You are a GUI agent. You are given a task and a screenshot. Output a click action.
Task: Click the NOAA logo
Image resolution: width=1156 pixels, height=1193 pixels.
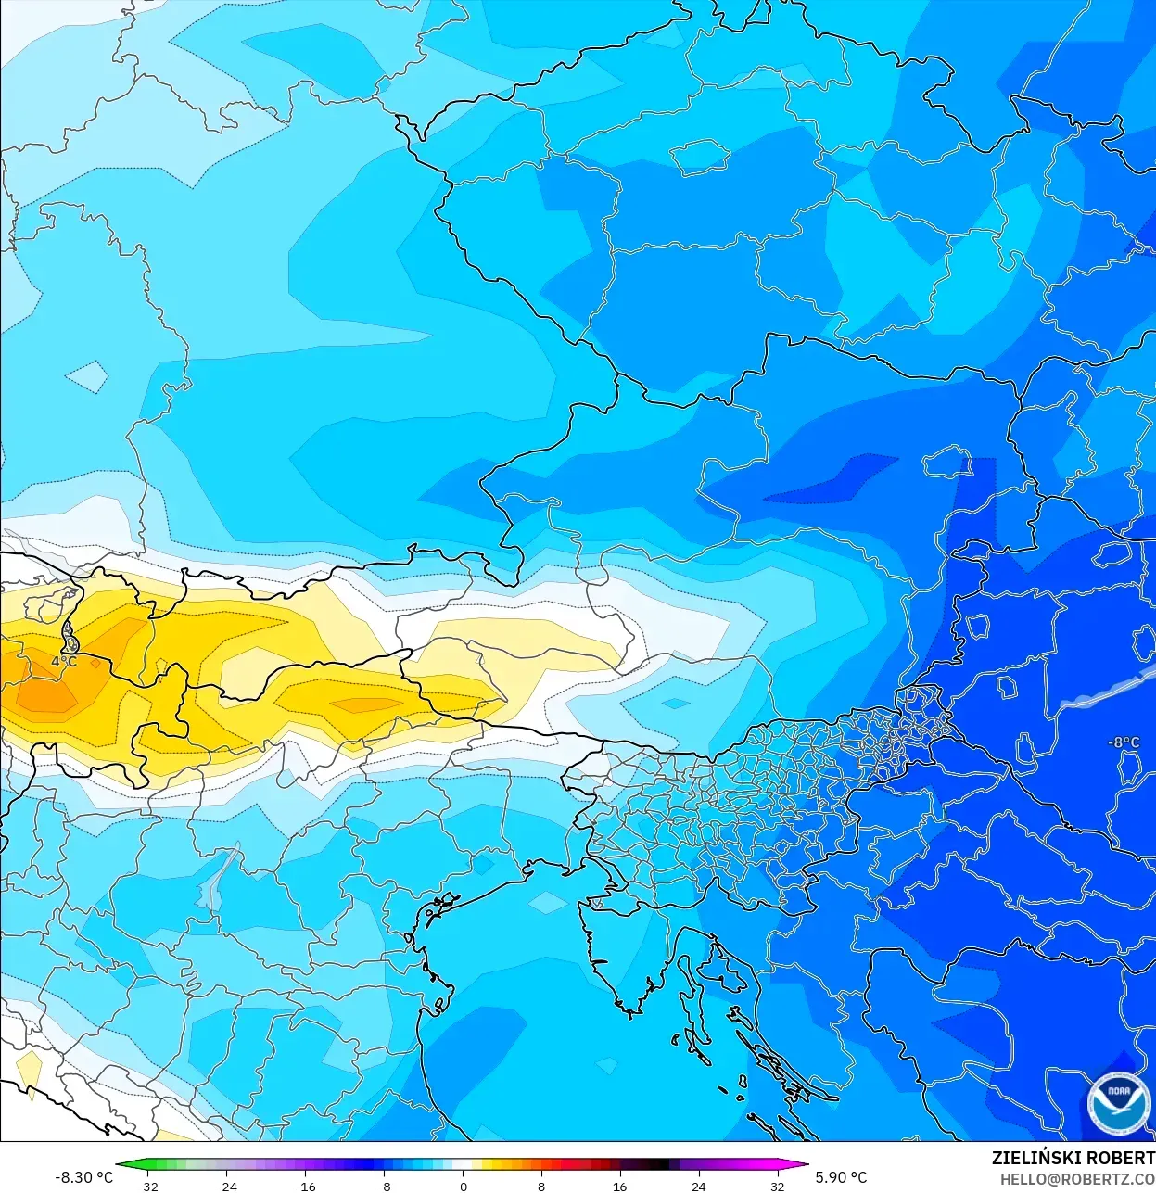[x=1118, y=1103]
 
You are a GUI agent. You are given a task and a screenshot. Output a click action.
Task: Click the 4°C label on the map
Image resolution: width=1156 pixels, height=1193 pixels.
[x=64, y=662]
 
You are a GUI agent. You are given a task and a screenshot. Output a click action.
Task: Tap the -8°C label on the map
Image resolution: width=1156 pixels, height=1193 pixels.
[x=1124, y=742]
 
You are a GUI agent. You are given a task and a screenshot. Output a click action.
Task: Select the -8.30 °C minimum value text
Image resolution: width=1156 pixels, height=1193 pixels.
[x=83, y=1177]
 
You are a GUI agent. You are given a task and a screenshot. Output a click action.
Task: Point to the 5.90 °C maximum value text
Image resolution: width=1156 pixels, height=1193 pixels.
[x=841, y=1177]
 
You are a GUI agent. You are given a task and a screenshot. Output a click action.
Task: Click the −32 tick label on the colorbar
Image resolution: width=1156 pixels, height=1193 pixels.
[x=147, y=1187]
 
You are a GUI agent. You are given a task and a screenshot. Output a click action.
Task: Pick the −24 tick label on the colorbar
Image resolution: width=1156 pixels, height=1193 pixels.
[x=226, y=1187]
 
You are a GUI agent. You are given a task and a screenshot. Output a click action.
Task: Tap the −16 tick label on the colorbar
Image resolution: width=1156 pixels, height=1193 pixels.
[x=305, y=1187]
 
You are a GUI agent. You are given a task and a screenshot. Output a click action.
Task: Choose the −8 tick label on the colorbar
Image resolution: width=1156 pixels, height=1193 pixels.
[x=384, y=1187]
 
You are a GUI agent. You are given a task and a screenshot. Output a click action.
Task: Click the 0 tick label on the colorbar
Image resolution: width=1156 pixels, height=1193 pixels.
[x=464, y=1187]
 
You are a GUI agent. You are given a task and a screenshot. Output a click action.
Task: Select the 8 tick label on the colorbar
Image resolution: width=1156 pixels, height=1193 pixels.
[x=541, y=1187]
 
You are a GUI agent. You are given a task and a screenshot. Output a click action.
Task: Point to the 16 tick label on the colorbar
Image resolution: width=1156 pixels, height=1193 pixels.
[x=619, y=1187]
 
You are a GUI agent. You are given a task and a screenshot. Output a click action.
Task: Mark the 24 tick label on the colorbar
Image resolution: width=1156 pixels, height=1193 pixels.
[x=698, y=1187]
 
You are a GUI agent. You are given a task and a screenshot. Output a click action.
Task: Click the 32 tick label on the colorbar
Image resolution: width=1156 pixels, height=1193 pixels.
[x=777, y=1187]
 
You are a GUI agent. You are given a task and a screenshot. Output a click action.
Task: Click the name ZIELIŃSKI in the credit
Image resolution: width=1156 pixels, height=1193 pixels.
[x=1030, y=1158]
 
